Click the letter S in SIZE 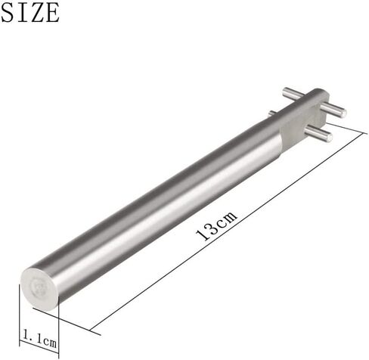pyautogui.click(x=8, y=13)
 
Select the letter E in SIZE pyautogui.click(x=51, y=13)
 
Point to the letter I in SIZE pyautogui.click(x=20, y=13)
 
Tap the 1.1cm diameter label pyautogui.click(x=40, y=339)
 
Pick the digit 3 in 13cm pyautogui.click(x=210, y=229)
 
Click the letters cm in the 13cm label pyautogui.click(x=226, y=219)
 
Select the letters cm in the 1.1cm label pyautogui.click(x=49, y=343)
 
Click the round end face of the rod pyautogui.click(x=39, y=288)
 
